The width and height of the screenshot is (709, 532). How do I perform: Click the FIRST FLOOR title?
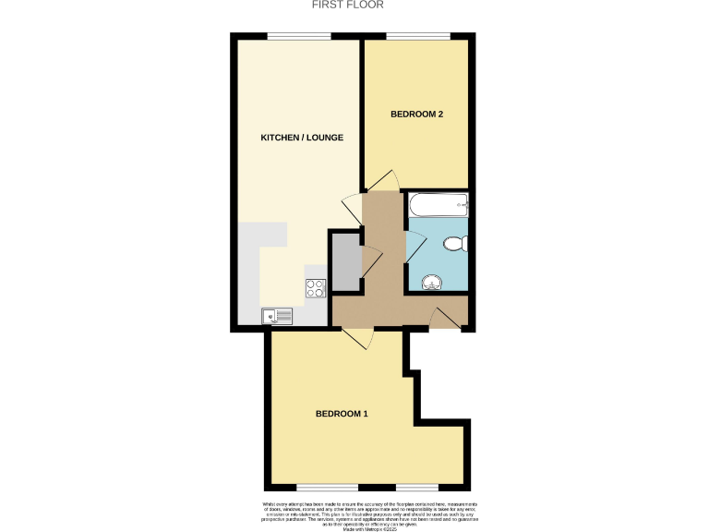pos(354,5)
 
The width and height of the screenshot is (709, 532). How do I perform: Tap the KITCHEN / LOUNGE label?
pos(302,138)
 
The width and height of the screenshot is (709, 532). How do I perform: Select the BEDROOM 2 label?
pos(417,115)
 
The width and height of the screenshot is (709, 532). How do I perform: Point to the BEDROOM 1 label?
pos(342,413)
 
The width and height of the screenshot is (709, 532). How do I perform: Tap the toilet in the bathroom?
pos(454,244)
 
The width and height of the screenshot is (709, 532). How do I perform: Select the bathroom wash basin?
pos(431,282)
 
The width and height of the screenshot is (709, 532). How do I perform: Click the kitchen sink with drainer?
pos(277,315)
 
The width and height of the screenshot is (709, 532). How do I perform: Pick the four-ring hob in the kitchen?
pos(315,287)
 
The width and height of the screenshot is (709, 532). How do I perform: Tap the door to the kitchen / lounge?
pos(352,204)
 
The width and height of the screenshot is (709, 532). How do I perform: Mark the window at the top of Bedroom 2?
pos(418,36)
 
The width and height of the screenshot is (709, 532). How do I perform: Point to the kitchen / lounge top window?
pos(299,36)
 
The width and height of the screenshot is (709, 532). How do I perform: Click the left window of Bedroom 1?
pos(327,487)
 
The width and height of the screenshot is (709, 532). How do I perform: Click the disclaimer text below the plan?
pos(354,512)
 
